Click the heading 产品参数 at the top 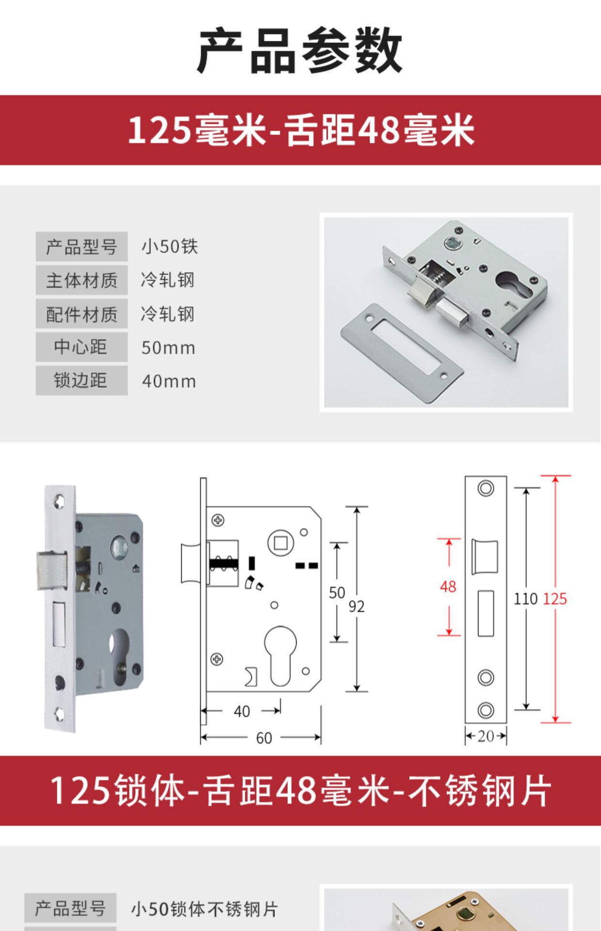(x=300, y=51)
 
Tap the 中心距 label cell (x=81, y=347)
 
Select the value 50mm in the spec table (x=168, y=348)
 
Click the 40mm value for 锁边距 (x=169, y=381)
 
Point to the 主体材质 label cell (x=81, y=280)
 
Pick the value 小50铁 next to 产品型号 (x=170, y=246)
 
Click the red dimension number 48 (x=448, y=587)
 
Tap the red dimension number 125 (x=554, y=599)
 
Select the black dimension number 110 (x=525, y=599)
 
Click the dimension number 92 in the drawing (x=356, y=607)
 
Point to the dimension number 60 (x=264, y=738)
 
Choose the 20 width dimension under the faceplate (x=486, y=737)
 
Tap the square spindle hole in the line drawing (x=281, y=543)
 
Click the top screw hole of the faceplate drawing (x=486, y=488)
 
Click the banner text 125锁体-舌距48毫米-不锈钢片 (x=300, y=791)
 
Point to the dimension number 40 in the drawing (x=242, y=711)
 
